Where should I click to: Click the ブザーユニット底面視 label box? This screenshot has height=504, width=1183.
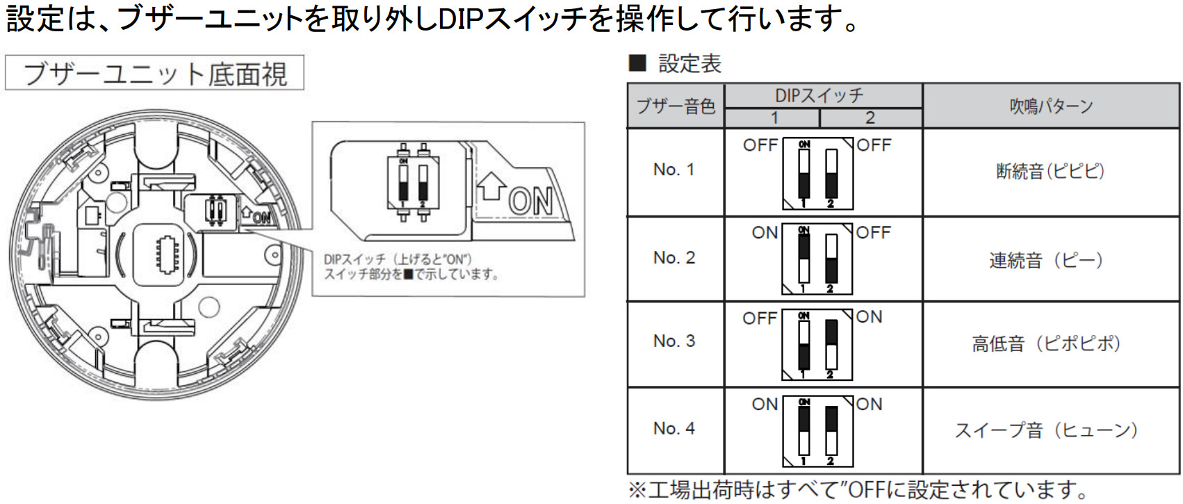[154, 73]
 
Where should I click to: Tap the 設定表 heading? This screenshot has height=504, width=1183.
[689, 64]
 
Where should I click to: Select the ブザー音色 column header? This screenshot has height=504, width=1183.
[676, 106]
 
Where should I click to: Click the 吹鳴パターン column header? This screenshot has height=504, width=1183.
[1050, 106]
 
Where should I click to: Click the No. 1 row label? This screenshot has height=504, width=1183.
[674, 170]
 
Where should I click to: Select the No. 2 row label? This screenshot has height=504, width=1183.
[674, 258]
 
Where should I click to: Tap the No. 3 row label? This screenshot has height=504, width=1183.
[674, 341]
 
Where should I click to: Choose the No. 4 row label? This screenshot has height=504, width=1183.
[674, 429]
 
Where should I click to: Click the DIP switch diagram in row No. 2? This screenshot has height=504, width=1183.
[817, 259]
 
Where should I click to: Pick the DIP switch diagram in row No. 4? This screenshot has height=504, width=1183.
[817, 431]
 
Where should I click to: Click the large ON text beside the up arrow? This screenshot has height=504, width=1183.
[530, 202]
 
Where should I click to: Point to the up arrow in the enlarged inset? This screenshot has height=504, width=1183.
[491, 186]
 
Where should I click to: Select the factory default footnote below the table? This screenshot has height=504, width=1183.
[858, 490]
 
